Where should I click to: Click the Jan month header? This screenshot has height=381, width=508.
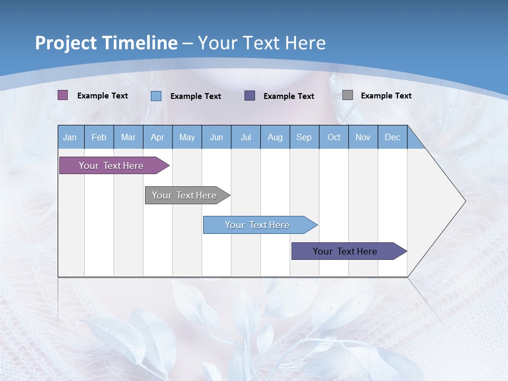click(70, 137)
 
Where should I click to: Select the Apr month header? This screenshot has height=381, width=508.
click(157, 137)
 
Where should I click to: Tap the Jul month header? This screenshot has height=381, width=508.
click(246, 137)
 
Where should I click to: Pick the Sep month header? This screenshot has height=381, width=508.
click(304, 137)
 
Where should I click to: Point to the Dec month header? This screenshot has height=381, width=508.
click(392, 137)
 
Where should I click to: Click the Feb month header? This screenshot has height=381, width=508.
click(99, 137)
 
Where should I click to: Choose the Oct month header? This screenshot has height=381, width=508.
click(334, 137)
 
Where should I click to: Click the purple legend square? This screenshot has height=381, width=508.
click(63, 95)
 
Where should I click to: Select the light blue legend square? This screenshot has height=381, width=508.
click(156, 96)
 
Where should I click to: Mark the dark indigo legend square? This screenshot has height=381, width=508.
click(250, 95)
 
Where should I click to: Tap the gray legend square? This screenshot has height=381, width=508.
click(348, 95)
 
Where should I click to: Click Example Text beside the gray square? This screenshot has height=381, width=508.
click(386, 96)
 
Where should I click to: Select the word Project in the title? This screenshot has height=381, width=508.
click(66, 43)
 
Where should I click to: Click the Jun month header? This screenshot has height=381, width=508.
click(216, 137)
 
